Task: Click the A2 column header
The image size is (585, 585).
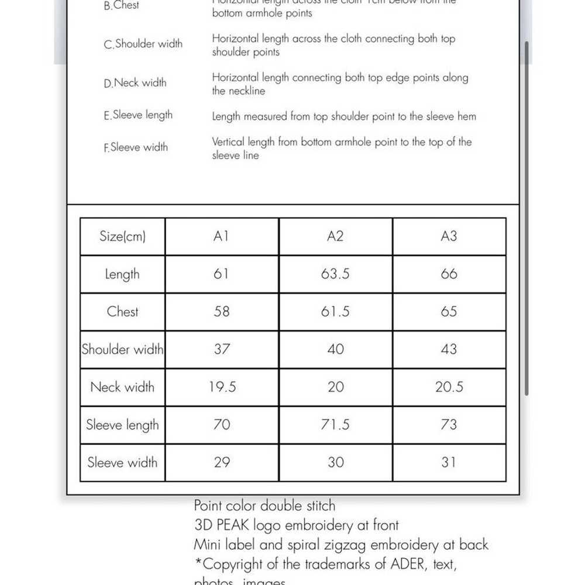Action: (x=335, y=236)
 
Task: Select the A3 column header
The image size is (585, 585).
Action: (x=449, y=236)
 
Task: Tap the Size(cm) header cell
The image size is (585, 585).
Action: (x=122, y=236)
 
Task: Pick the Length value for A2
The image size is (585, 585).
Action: (x=335, y=274)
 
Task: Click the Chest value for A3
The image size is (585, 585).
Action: (x=449, y=311)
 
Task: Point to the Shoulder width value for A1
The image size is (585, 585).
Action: (x=222, y=349)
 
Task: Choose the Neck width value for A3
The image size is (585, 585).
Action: (x=449, y=387)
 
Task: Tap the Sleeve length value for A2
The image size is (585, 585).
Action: (x=335, y=425)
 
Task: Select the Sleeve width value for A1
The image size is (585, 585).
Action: (x=222, y=462)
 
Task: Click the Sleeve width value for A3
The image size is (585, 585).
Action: (x=449, y=462)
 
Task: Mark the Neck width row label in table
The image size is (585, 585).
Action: (x=122, y=387)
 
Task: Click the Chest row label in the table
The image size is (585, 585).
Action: (x=122, y=311)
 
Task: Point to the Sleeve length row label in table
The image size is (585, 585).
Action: (x=122, y=425)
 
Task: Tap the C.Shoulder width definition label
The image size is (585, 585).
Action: (x=143, y=44)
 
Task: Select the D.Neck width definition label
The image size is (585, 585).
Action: (x=135, y=83)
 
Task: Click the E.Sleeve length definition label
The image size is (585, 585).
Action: (x=138, y=115)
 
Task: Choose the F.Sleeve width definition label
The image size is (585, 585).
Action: (x=136, y=147)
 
